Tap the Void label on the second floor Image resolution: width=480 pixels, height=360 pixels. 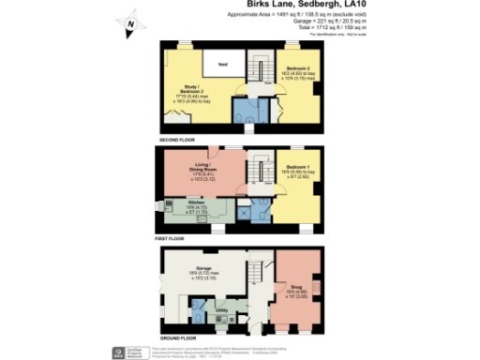(x=223, y=64)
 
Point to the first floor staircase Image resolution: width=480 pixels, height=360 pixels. (x=253, y=172)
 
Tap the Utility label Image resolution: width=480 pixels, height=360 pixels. (x=221, y=308)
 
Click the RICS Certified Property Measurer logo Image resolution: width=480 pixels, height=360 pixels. (x=120, y=351)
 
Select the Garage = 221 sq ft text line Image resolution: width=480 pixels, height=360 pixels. (x=335, y=23)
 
